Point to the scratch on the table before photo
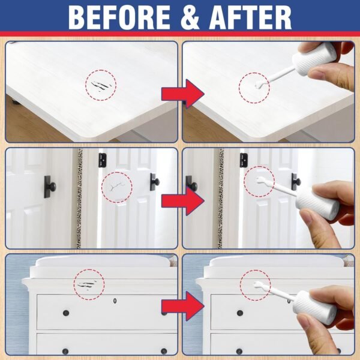101,85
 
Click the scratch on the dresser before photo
89,284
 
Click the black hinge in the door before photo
103,159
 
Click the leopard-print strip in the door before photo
79,198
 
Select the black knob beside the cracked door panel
154,181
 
